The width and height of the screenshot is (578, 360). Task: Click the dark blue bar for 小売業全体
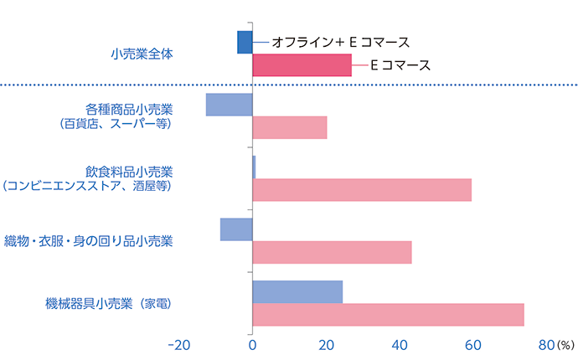coord(245,42)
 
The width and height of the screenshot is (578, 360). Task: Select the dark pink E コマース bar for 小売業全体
coord(302,65)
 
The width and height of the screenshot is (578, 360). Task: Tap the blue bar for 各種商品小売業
coord(230,105)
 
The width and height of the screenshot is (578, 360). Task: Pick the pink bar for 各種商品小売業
coord(289,128)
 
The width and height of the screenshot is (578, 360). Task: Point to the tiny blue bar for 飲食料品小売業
coord(254,167)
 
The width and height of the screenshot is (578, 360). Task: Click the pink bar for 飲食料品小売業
coord(362,190)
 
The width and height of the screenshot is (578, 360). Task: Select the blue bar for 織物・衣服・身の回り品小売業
coord(236,229)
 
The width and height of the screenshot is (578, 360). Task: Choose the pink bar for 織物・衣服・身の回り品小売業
coord(332,253)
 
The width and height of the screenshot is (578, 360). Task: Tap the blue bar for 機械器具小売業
coord(297,291)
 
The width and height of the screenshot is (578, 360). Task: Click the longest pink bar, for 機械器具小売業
coord(388,315)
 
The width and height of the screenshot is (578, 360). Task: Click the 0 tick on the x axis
coord(252,344)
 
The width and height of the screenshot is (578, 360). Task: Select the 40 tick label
coord(400,344)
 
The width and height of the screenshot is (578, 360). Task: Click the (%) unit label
coord(566,345)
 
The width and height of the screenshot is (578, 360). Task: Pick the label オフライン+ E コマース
coord(339,41)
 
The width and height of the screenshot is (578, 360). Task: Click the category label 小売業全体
coord(143,54)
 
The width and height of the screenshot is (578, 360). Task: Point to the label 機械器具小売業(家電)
coord(110,303)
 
